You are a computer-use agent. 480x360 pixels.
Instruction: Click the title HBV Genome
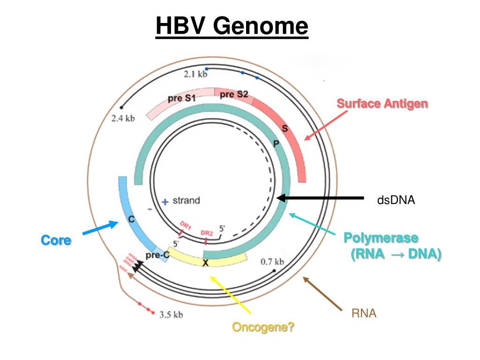[232, 26]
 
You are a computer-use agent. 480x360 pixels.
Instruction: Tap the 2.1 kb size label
[195, 74]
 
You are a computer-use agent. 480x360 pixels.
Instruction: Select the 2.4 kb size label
[123, 119]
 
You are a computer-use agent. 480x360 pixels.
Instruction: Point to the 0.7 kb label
[272, 262]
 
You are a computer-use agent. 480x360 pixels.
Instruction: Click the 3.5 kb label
[171, 315]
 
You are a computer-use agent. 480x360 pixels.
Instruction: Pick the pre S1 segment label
[181, 98]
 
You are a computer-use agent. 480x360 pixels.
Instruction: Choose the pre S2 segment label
[234, 94]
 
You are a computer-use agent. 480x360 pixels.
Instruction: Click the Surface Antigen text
[382, 104]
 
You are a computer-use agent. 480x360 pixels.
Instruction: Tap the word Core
[56, 240]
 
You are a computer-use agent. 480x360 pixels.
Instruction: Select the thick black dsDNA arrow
[320, 198]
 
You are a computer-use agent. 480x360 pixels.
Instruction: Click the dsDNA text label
[396, 200]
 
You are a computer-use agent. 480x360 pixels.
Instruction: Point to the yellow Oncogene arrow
[231, 294]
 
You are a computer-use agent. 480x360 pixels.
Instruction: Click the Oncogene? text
[263, 327]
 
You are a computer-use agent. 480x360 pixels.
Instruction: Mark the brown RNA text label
[364, 313]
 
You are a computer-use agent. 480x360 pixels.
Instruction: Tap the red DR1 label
[186, 225]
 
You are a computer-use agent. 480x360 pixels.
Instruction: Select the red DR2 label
[207, 233]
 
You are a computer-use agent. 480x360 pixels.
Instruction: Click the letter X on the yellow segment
[206, 262]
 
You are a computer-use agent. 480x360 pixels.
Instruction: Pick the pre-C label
[157, 255]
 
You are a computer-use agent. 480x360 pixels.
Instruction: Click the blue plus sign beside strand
[165, 202]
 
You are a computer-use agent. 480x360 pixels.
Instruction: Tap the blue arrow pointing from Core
[100, 228]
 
